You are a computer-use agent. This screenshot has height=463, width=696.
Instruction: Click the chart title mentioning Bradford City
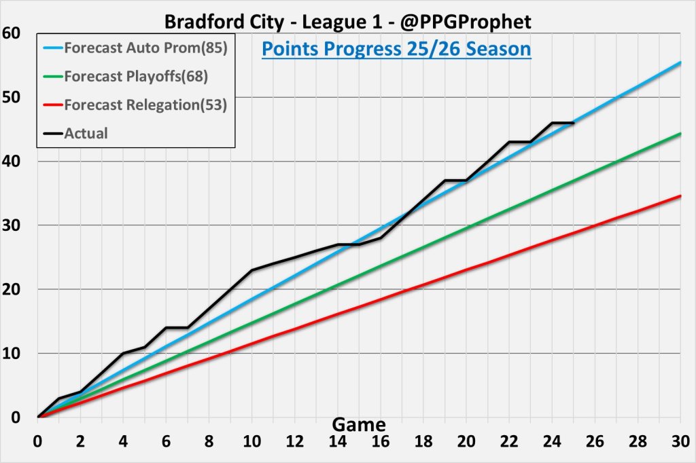(347, 22)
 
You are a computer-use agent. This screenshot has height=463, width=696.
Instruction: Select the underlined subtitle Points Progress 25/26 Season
(396, 50)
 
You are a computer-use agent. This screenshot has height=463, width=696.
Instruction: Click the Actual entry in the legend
(86, 133)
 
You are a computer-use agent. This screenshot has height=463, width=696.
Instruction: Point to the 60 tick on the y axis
(12, 33)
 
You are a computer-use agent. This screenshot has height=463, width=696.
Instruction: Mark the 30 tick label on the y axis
(12, 225)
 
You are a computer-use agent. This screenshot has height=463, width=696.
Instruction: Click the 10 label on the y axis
(12, 353)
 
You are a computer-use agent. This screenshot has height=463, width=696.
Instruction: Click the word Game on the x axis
(359, 425)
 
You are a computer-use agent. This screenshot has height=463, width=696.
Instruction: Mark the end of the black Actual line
(574, 123)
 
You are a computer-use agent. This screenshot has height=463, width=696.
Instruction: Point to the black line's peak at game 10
(252, 270)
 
